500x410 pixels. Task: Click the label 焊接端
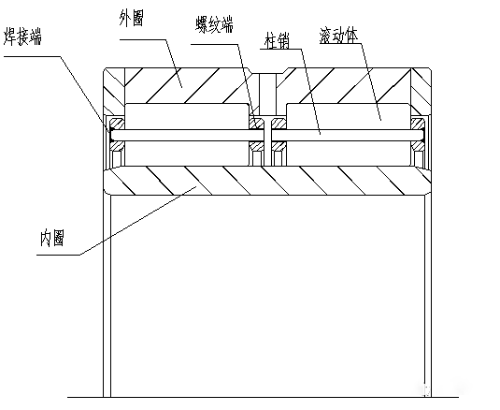(x=22, y=37)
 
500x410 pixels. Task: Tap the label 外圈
(x=132, y=18)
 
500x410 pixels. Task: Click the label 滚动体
(x=338, y=36)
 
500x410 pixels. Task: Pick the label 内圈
(x=52, y=238)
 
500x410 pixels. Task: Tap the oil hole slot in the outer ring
(x=267, y=94)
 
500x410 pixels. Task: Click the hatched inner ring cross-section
(x=267, y=181)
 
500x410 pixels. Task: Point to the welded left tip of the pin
(x=111, y=135)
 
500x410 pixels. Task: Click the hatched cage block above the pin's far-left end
(x=117, y=124)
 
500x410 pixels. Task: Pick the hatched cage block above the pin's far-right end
(x=418, y=124)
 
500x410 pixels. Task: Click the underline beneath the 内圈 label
(x=58, y=255)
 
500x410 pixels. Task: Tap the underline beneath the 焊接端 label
(x=32, y=57)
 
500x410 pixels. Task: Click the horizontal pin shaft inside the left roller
(x=187, y=135)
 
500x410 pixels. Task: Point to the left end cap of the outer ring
(x=113, y=91)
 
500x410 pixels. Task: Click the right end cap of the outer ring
(x=421, y=91)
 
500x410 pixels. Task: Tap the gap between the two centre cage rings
(x=268, y=140)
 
